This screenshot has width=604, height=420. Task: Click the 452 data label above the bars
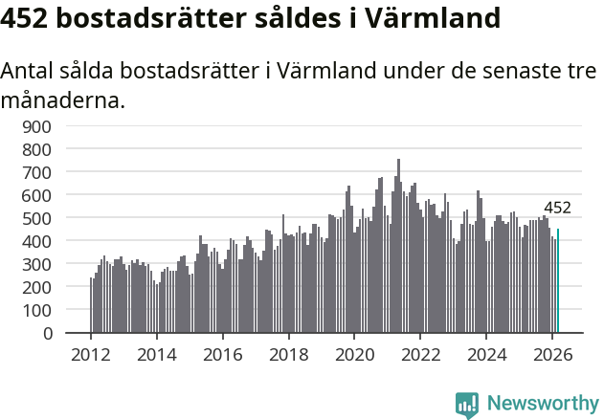click(557, 208)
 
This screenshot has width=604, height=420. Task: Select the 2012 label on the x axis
click(91, 353)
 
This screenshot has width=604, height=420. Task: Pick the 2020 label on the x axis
click(354, 353)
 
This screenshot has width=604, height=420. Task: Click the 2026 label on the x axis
click(552, 353)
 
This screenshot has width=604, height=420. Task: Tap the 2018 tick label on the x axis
click(288, 353)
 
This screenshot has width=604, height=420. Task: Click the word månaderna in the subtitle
click(62, 99)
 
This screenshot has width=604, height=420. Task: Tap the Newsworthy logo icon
click(467, 404)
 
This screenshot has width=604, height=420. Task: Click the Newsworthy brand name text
click(542, 404)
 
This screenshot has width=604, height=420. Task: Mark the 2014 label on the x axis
click(157, 353)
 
